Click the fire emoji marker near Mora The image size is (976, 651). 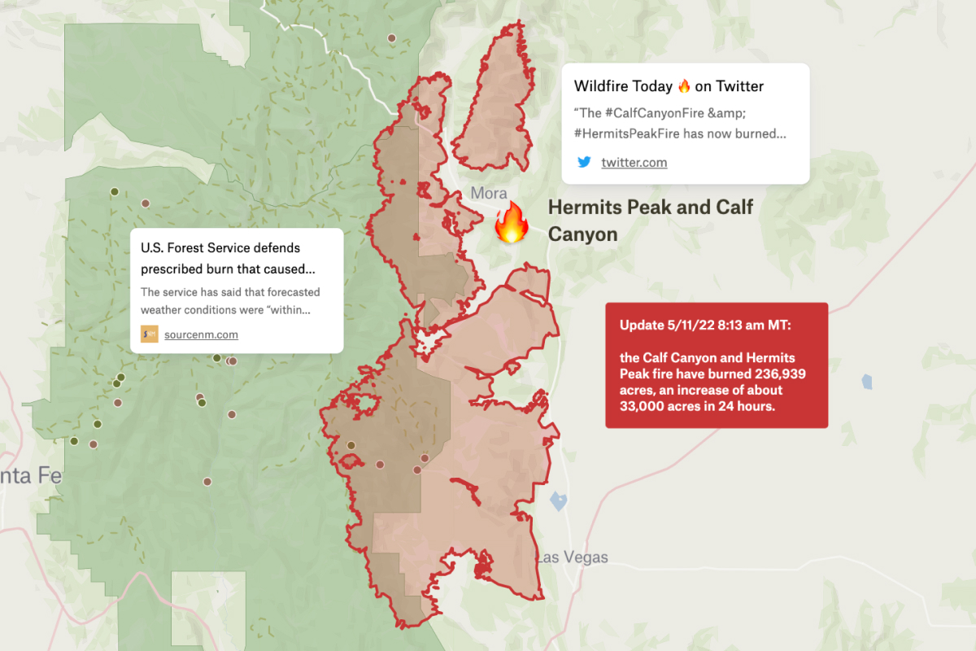pyautogui.click(x=512, y=223)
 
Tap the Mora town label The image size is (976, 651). pyautogui.click(x=488, y=194)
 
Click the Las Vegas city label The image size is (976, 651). pyautogui.click(x=571, y=557)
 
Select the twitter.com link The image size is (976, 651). pyautogui.click(x=634, y=162)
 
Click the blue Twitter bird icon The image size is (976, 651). pyautogui.click(x=584, y=162)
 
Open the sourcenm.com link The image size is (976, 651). pyautogui.click(x=201, y=334)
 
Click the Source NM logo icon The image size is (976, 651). pyautogui.click(x=150, y=334)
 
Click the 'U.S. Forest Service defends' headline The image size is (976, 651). pyautogui.click(x=220, y=247)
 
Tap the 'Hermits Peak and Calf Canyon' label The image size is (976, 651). pyautogui.click(x=650, y=220)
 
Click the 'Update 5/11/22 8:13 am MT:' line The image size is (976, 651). pyautogui.click(x=705, y=325)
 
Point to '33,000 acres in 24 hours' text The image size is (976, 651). pyautogui.click(x=697, y=406)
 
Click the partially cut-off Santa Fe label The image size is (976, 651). pyautogui.click(x=31, y=475)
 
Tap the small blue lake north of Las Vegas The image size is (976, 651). pyautogui.click(x=558, y=500)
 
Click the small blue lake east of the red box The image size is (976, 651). pyautogui.click(x=867, y=381)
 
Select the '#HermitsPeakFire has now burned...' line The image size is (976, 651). pyautogui.click(x=679, y=133)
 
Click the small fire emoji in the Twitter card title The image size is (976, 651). pyautogui.click(x=684, y=86)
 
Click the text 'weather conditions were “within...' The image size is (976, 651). pyautogui.click(x=225, y=310)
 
